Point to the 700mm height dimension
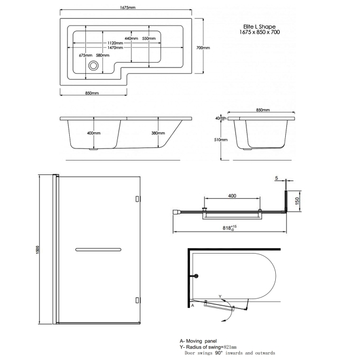pyautogui.click(x=203, y=48)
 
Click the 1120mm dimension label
pyautogui.click(x=112, y=43)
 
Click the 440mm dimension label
pyautogui.click(x=131, y=38)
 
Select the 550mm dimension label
pyautogui.click(x=149, y=38)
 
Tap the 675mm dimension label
pyautogui.click(x=85, y=55)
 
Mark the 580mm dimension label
pyautogui.click(x=102, y=55)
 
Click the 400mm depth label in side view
pyautogui.click(x=94, y=133)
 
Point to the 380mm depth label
pyautogui.click(x=157, y=133)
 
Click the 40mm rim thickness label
pyautogui.click(x=222, y=118)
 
